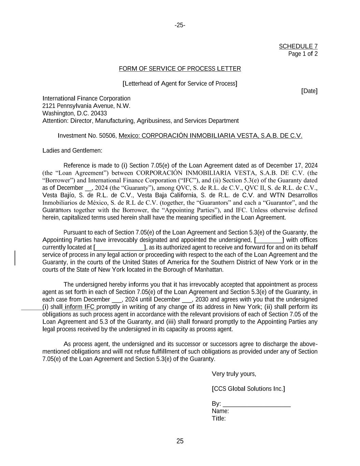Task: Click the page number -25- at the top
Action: coord(180,25)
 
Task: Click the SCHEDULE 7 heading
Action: coord(298,46)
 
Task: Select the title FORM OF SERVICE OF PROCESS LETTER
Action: coord(180,69)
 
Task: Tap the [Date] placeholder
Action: coord(309,91)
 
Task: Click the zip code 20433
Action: coord(99,113)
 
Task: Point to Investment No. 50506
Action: coord(87,136)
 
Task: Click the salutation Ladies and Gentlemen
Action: coord(72,151)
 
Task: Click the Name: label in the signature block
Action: coord(220,411)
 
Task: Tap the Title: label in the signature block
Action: coord(219,419)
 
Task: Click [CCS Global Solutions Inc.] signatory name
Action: coord(248,389)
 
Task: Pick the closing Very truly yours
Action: coord(234,374)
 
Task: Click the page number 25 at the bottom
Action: coord(180,441)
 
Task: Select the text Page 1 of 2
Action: coord(303,54)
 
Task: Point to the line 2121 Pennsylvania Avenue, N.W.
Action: coord(86,106)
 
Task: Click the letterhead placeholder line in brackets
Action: coord(180,84)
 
